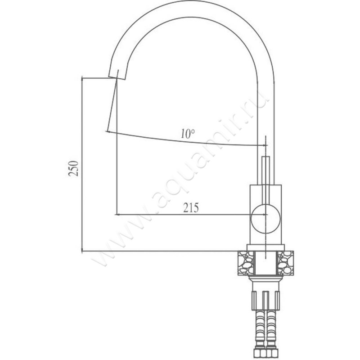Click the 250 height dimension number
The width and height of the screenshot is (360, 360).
click(73, 168)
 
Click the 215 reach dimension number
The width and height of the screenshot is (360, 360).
click(191, 208)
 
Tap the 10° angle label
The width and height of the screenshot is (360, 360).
click(188, 134)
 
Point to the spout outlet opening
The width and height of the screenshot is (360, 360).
click(117, 78)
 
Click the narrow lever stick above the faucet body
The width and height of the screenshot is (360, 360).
click(265, 171)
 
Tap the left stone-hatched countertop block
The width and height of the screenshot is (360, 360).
click(246, 263)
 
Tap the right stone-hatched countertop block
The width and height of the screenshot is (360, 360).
click(286, 263)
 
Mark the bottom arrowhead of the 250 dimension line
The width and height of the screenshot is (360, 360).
click(82, 249)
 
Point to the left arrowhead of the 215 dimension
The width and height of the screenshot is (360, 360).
click(117, 215)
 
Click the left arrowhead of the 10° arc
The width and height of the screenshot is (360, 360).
click(108, 132)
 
